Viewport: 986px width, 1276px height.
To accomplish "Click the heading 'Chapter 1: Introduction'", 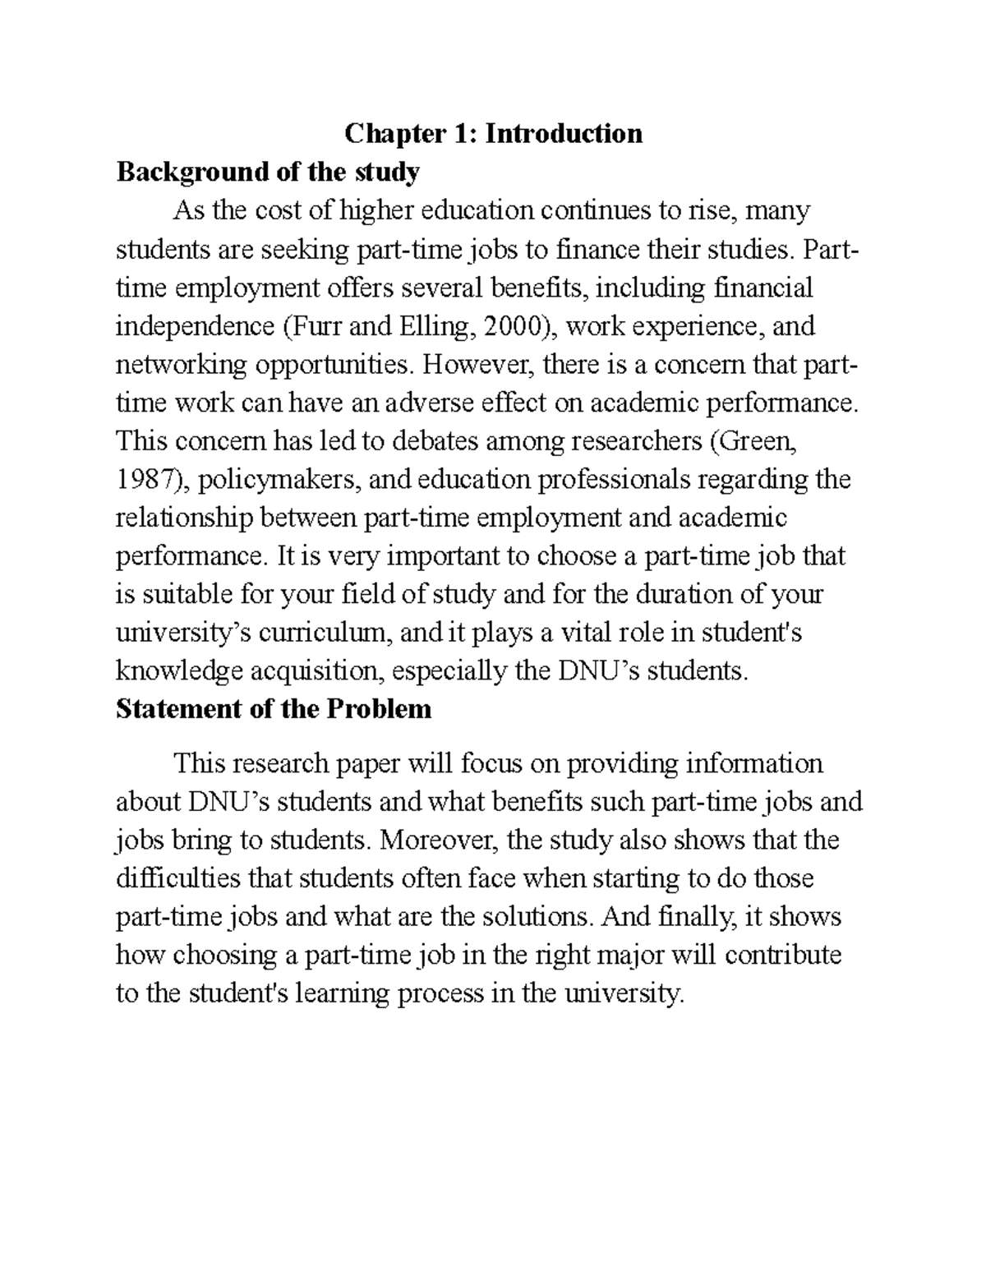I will click(x=493, y=133).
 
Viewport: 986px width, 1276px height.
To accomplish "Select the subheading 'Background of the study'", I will click(x=268, y=172).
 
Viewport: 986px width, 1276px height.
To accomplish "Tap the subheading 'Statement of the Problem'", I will click(x=274, y=708).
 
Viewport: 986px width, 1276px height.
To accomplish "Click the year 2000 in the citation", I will click(x=513, y=326).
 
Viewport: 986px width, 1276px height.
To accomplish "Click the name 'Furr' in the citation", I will click(x=316, y=326).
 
